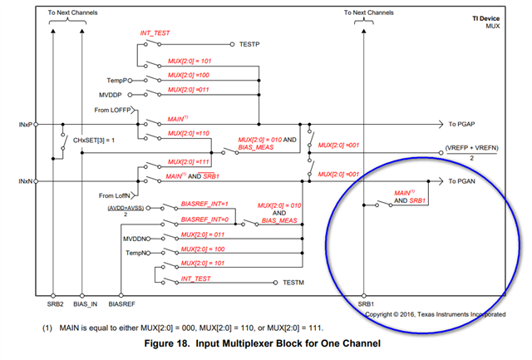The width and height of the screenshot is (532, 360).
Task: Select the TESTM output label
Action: pyautogui.click(x=294, y=284)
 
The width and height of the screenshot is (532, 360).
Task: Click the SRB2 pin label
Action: pyautogui.click(x=53, y=304)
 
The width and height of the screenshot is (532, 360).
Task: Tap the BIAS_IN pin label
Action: pyautogui.click(x=85, y=304)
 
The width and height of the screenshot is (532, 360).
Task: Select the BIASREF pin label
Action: pyautogui.click(x=121, y=304)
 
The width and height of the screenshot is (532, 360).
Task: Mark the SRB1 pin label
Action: pyautogui.click(x=364, y=304)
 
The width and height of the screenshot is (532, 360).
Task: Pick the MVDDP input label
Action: pyautogui.click(x=116, y=95)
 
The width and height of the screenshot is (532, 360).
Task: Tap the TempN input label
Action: pyautogui.click(x=136, y=252)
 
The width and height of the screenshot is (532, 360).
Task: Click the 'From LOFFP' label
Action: pyautogui.click(x=115, y=109)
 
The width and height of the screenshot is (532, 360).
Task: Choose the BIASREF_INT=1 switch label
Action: pyautogui.click(x=204, y=204)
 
